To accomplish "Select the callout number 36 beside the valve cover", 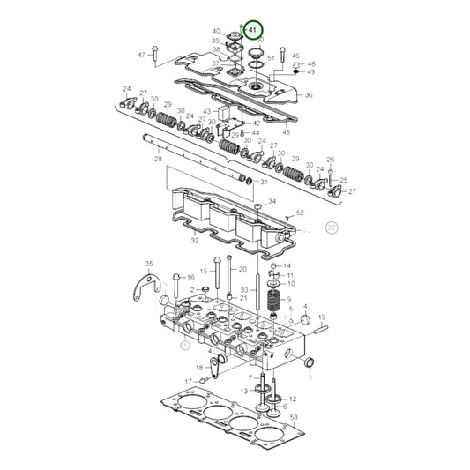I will pyautogui.click(x=308, y=95).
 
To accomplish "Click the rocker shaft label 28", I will pyautogui.click(x=158, y=160).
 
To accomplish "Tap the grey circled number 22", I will pyautogui.click(x=332, y=227).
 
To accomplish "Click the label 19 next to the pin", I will pyautogui.click(x=323, y=317).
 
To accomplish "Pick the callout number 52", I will pyautogui.click(x=300, y=213).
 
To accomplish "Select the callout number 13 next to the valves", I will pyautogui.click(x=244, y=390).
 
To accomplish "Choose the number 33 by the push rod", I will pyautogui.click(x=244, y=290).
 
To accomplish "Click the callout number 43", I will pyautogui.click(x=207, y=111).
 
